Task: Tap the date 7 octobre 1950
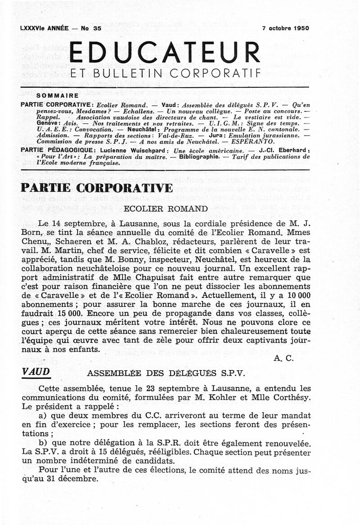286,28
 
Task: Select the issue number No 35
91,28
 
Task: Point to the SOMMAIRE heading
57,95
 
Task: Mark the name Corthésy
288,397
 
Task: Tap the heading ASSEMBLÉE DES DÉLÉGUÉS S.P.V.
166,373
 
